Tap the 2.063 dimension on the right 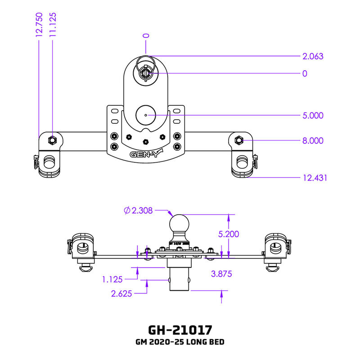tap(313, 56)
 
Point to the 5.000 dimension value tap(313, 116)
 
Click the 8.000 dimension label tap(313, 140)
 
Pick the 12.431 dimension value tap(314, 178)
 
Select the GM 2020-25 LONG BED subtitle tap(180, 342)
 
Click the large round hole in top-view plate tap(146, 115)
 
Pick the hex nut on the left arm tap(53, 140)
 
